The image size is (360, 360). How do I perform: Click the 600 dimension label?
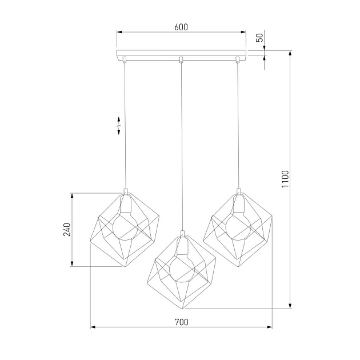[181, 27]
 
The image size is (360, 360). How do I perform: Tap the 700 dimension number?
[181, 322]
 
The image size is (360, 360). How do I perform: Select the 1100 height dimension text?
[285, 179]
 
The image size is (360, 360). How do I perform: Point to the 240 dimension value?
[67, 230]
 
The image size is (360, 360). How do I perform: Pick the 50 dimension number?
[259, 38]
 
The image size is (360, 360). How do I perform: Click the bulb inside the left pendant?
[125, 227]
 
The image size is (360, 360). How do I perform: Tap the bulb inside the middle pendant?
[182, 269]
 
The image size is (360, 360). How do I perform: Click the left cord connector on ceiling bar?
[125, 59]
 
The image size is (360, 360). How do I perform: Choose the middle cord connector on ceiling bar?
[181, 59]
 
